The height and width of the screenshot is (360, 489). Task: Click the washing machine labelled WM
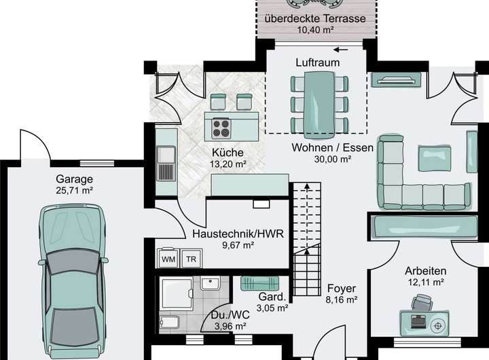[x=168, y=258]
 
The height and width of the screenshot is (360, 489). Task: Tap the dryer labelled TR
[x=191, y=258]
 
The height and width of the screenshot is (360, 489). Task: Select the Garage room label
[x=75, y=179]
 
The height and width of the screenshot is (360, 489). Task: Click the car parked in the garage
[x=73, y=281]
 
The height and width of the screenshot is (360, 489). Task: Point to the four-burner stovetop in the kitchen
[x=221, y=128]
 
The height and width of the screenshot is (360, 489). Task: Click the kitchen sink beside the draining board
[x=166, y=155]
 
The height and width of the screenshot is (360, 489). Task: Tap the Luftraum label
[x=317, y=62]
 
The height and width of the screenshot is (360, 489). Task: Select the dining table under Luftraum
[x=319, y=105]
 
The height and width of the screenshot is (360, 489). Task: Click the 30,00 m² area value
[x=333, y=159]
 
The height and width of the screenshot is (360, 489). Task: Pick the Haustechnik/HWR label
[x=238, y=234]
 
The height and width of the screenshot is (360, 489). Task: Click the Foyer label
[x=342, y=289]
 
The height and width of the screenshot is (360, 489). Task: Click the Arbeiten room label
[x=425, y=271]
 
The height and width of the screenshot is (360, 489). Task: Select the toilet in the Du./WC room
[x=169, y=322]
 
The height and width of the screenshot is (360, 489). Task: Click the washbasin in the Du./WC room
[x=211, y=283]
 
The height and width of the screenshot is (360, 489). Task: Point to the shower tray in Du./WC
[x=177, y=294]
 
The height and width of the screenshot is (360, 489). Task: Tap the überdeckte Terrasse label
[x=315, y=18]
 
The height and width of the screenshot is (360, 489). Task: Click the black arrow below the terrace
[x=340, y=50]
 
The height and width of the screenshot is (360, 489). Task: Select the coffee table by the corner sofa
[x=435, y=158]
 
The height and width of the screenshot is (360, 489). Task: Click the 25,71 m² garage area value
[x=75, y=190]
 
